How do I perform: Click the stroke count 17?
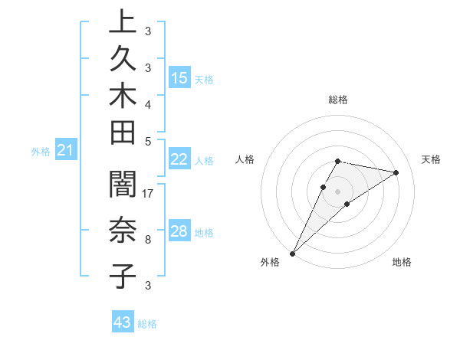click(x=148, y=194)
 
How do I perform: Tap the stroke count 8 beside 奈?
click(x=147, y=240)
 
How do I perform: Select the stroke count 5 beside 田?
click(x=147, y=141)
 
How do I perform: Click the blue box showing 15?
click(x=179, y=78)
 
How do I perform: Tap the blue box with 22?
click(x=179, y=159)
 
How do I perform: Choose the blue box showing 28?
click(x=179, y=231)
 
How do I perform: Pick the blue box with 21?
click(x=66, y=151)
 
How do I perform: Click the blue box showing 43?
click(x=123, y=322)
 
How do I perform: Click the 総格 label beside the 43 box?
click(x=147, y=324)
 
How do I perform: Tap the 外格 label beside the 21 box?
click(x=41, y=152)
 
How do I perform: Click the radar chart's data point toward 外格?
click(x=293, y=253)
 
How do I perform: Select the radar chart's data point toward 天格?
click(x=396, y=172)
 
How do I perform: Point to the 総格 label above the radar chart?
click(x=338, y=100)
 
